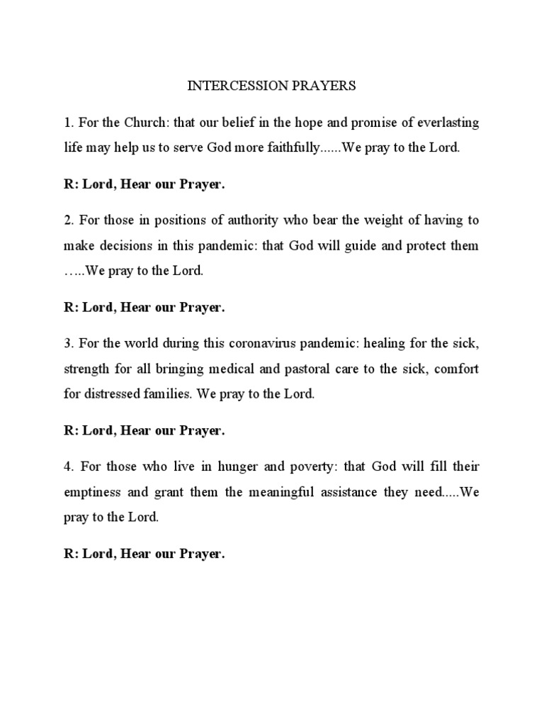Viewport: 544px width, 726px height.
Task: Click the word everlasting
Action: tap(446, 123)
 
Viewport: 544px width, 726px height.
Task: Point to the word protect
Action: tap(422, 245)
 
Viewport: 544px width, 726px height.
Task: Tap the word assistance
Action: tap(365, 491)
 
